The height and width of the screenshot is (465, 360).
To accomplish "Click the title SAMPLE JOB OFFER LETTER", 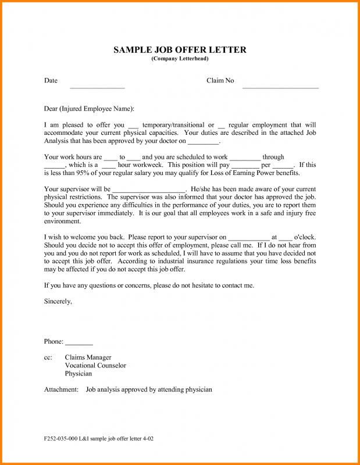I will click(180, 50).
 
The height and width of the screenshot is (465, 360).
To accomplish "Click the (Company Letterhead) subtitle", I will click(180, 59).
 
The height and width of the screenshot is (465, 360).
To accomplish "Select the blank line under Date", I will click(97, 87).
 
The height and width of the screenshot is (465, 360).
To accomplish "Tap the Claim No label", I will click(220, 81).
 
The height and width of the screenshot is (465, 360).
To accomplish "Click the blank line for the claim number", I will click(280, 87).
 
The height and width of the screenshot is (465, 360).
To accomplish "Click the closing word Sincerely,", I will click(58, 301).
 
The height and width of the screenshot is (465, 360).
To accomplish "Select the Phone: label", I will click(54, 341).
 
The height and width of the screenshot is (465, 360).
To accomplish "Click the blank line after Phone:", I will click(79, 344).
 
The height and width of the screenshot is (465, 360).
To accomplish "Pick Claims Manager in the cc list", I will click(88, 357).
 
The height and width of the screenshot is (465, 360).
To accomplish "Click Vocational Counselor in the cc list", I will click(95, 366).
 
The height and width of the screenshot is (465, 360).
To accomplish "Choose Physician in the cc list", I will click(79, 374).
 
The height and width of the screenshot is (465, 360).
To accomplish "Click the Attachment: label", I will click(61, 389).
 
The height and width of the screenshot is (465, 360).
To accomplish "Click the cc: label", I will click(48, 357).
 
